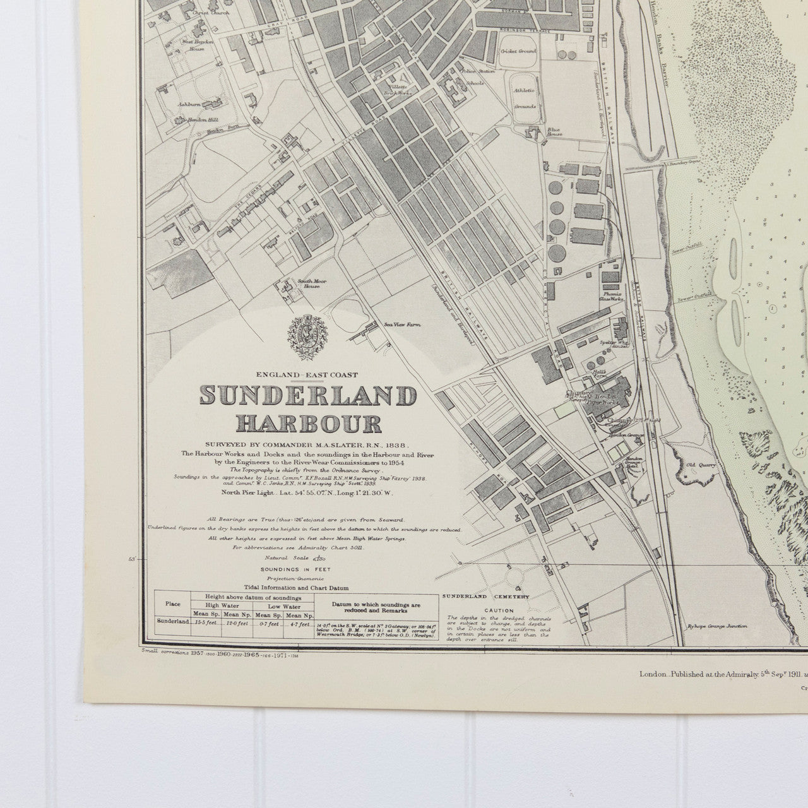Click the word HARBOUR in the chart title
309,422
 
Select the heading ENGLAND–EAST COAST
308,375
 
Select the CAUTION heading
499,610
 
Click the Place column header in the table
172,603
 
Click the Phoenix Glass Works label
610,295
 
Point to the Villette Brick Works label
397,89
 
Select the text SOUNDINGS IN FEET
307,569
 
